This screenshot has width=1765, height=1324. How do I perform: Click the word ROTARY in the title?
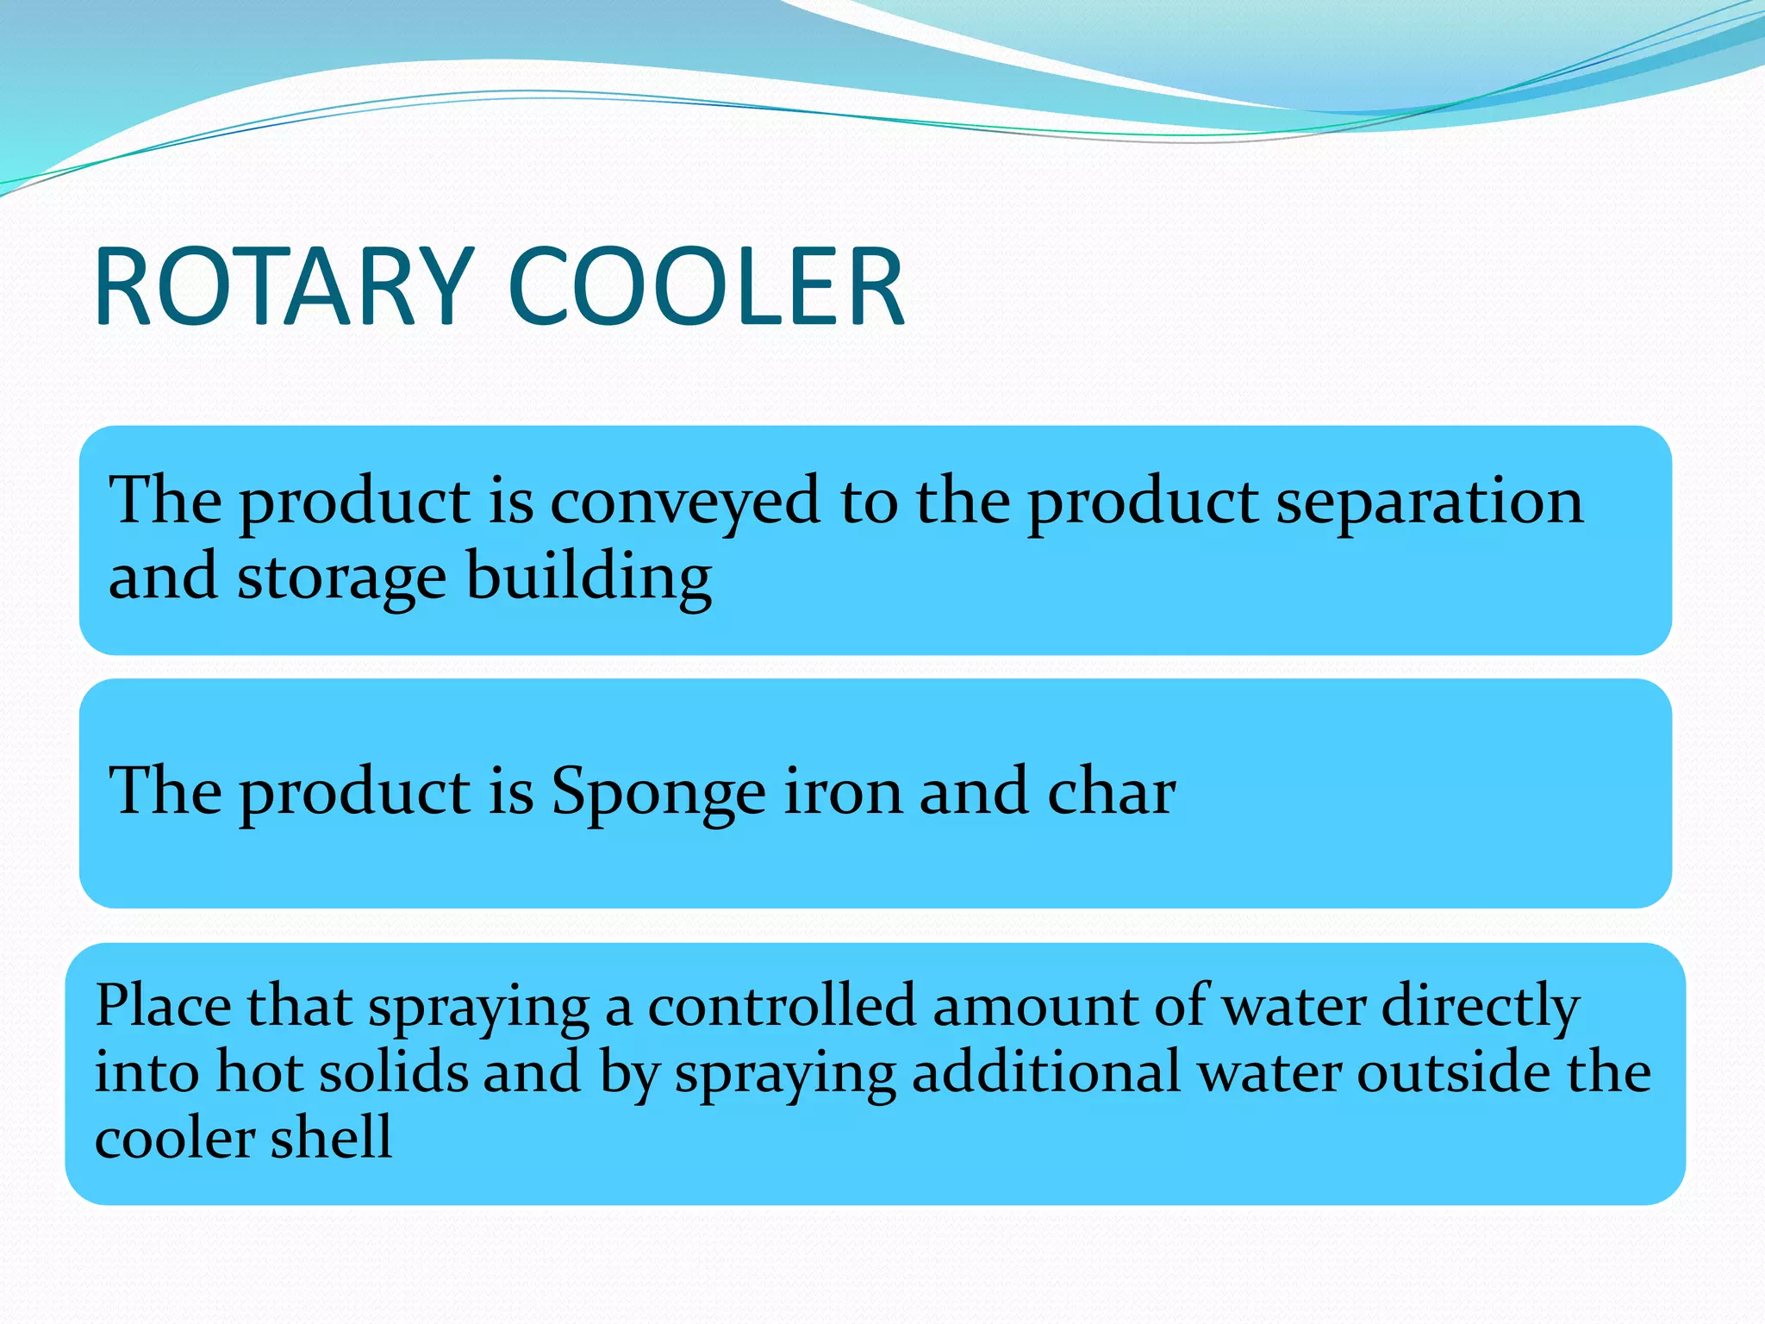[284, 287]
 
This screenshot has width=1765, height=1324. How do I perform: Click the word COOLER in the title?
[707, 287]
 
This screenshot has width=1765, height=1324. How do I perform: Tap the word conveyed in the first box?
[685, 502]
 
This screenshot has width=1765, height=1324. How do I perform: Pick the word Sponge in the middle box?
[658, 791]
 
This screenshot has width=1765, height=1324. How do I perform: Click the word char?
[1111, 791]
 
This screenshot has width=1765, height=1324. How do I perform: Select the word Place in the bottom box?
[163, 1006]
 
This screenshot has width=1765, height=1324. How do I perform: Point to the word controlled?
[782, 1006]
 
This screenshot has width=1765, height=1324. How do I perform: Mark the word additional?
[1045, 1072]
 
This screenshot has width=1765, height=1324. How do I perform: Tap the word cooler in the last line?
[173, 1138]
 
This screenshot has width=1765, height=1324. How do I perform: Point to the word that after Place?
[299, 1006]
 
